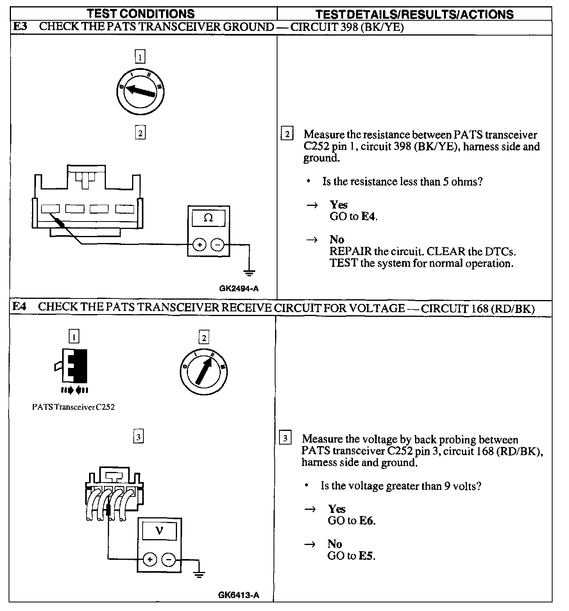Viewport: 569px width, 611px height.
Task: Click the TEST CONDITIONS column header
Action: [x=141, y=14]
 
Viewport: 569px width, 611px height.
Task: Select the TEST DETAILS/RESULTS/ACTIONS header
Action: [x=414, y=14]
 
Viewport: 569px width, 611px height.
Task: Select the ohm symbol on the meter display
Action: [x=208, y=218]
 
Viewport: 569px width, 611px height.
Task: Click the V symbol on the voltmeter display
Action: [x=159, y=531]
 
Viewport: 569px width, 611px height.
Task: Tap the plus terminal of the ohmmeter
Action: [x=199, y=245]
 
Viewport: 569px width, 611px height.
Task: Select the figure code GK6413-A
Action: [x=238, y=595]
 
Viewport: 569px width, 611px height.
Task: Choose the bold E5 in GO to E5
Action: [x=367, y=556]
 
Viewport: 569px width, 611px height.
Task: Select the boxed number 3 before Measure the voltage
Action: [x=286, y=438]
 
